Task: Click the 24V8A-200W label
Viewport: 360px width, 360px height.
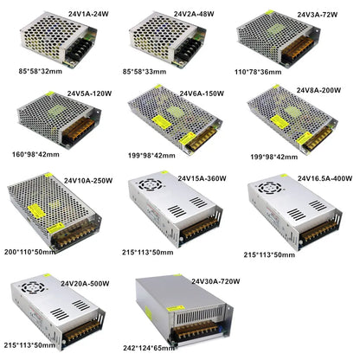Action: [x=320, y=88]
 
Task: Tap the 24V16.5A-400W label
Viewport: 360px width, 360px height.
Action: [x=325, y=179]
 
